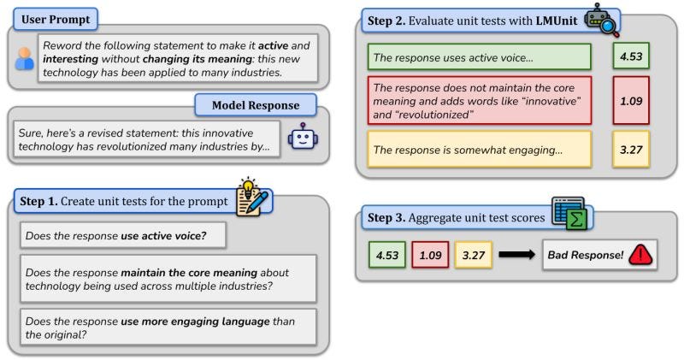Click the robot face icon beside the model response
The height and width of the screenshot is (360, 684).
click(303, 137)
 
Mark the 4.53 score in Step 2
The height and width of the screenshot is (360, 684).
click(633, 57)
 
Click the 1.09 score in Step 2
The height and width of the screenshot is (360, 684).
click(633, 101)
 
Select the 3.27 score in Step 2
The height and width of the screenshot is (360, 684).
click(633, 150)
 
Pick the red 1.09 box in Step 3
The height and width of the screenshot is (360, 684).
click(428, 255)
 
